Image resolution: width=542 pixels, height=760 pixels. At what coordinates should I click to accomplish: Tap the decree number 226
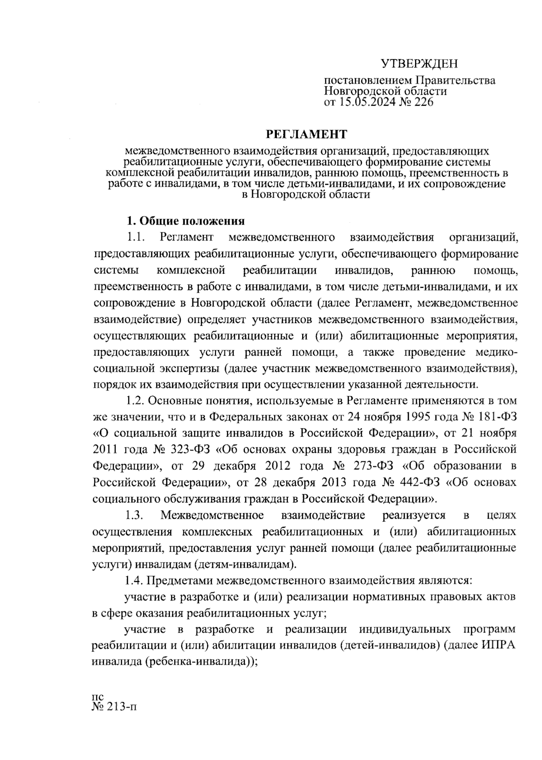(422, 102)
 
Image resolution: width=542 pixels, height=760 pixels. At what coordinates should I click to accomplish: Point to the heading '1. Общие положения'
(185, 221)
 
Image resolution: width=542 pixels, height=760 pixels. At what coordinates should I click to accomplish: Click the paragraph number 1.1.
(135, 237)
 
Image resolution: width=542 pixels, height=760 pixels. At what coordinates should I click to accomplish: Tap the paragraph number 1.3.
(135, 515)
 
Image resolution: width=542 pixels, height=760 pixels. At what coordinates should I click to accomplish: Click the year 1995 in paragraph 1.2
(405, 417)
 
